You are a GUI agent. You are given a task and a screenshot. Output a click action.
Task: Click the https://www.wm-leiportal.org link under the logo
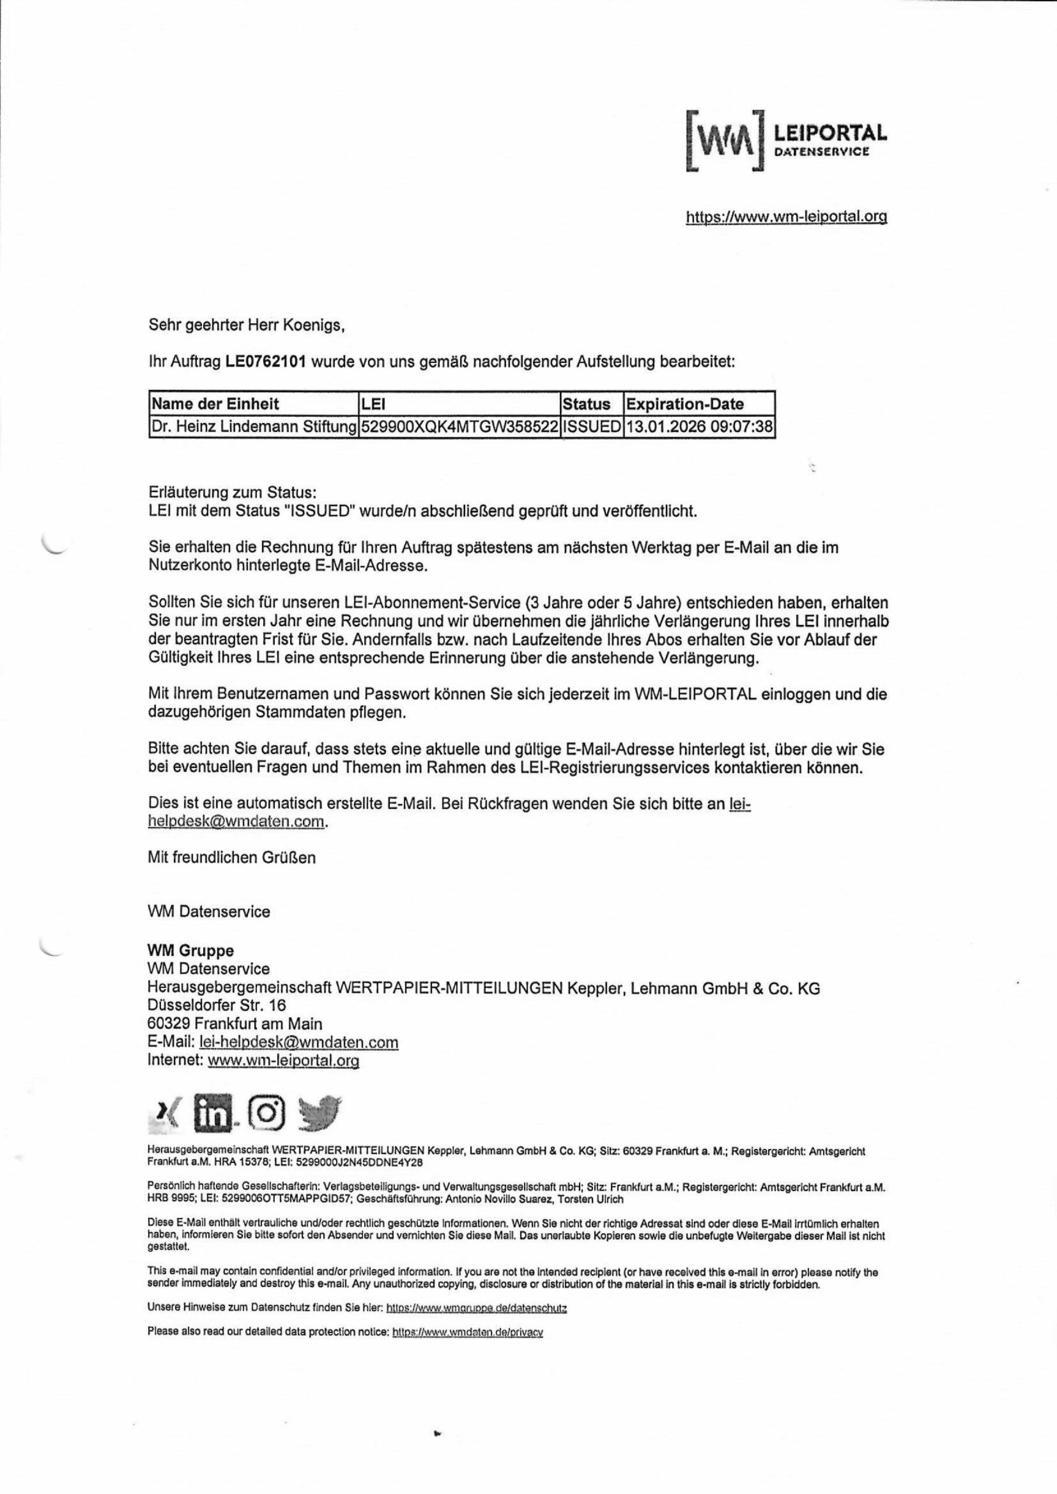(786, 217)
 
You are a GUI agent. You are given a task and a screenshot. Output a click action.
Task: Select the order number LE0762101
(266, 362)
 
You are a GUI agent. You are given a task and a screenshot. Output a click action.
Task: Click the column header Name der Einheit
(215, 404)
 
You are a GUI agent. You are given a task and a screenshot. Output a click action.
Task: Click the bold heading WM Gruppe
(191, 951)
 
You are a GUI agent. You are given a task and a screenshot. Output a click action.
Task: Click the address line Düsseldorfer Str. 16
(217, 1006)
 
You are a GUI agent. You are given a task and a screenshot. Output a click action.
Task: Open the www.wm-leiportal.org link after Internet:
(283, 1060)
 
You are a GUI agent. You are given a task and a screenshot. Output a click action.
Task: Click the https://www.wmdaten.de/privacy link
(468, 1332)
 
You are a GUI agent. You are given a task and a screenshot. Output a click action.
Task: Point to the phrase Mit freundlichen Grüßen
(232, 858)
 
